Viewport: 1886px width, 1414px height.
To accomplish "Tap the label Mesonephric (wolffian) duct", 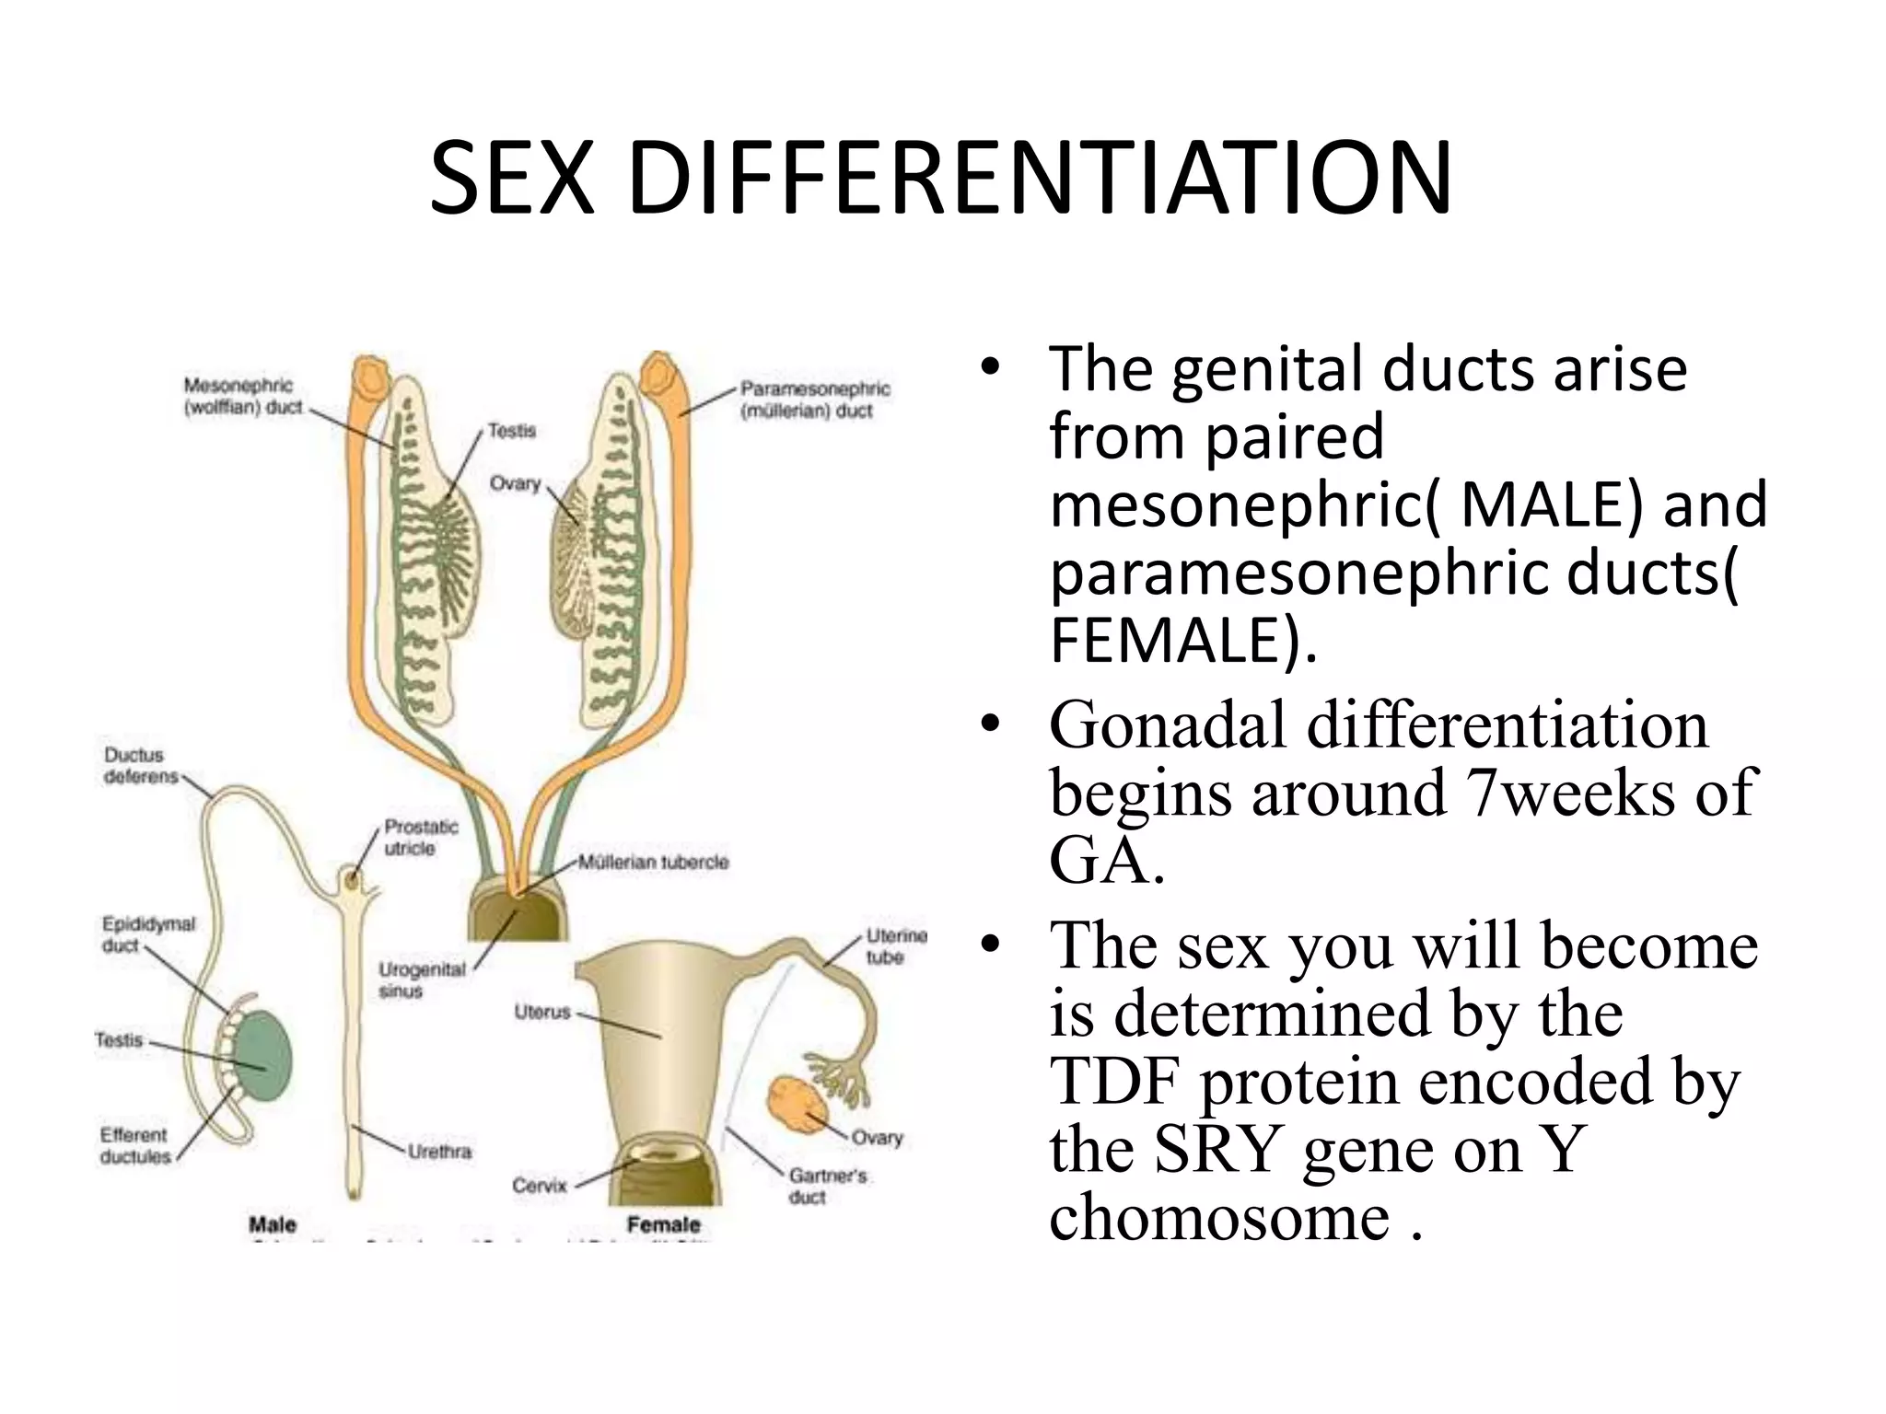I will click(243, 396).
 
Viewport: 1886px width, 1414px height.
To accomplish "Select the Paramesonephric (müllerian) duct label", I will click(815, 400).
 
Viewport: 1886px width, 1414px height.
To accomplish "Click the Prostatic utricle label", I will click(421, 837).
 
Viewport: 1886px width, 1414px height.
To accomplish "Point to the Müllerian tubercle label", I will click(653, 863).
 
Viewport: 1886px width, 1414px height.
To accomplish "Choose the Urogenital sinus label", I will click(422, 979).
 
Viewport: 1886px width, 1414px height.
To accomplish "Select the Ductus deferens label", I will click(141, 766).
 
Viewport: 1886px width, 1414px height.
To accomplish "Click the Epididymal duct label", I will click(148, 933).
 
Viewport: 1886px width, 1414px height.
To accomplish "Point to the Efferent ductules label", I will click(135, 1145).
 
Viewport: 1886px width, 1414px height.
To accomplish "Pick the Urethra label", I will click(439, 1152).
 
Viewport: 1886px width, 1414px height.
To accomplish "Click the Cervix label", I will click(540, 1186).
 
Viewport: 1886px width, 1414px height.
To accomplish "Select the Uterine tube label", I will click(894, 946).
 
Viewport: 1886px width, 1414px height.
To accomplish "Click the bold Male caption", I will click(273, 1224).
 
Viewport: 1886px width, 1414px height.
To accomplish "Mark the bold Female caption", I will click(663, 1224).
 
